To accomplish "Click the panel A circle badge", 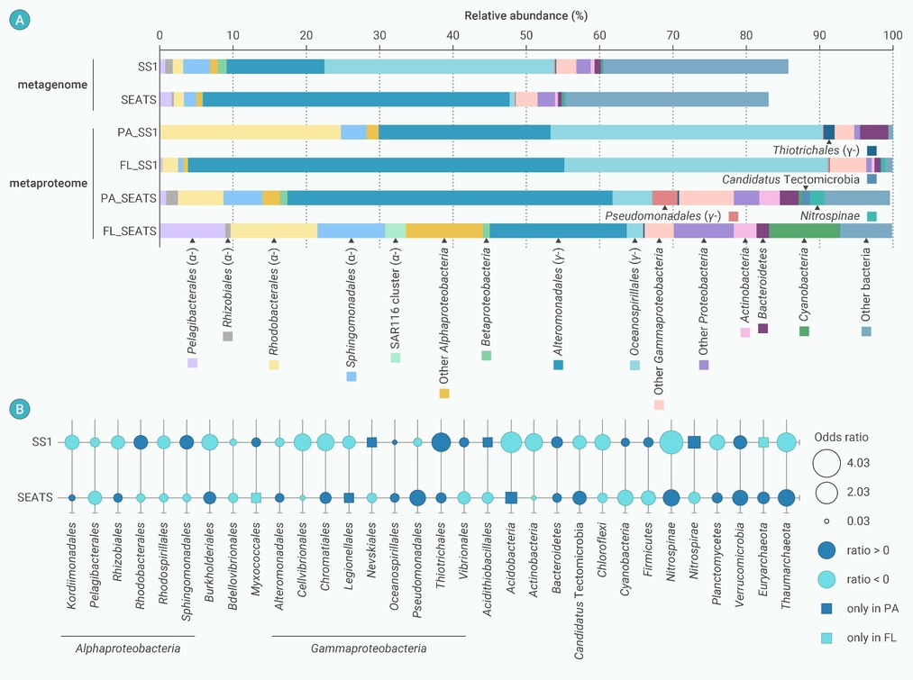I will (x=19, y=17).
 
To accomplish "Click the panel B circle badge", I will (x=19, y=408).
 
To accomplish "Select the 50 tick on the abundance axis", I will (x=526, y=36).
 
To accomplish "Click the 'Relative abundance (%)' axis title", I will (x=525, y=16).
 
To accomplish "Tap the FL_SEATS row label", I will (x=130, y=231).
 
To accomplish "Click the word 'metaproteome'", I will (x=50, y=183).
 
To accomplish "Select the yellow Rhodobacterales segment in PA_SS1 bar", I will (x=250, y=132).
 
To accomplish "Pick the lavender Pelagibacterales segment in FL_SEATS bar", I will (x=192, y=231).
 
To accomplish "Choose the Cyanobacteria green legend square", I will (x=804, y=331).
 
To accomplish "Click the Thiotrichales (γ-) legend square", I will (x=872, y=150).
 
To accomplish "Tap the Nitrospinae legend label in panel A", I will (x=827, y=216).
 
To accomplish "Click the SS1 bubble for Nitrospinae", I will (x=671, y=442).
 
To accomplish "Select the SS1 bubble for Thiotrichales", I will (x=441, y=442).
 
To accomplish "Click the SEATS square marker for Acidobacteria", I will (x=511, y=497).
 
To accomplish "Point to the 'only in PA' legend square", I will (x=826, y=609).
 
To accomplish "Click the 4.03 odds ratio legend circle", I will (x=826, y=463).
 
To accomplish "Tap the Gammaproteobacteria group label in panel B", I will (x=369, y=648).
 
